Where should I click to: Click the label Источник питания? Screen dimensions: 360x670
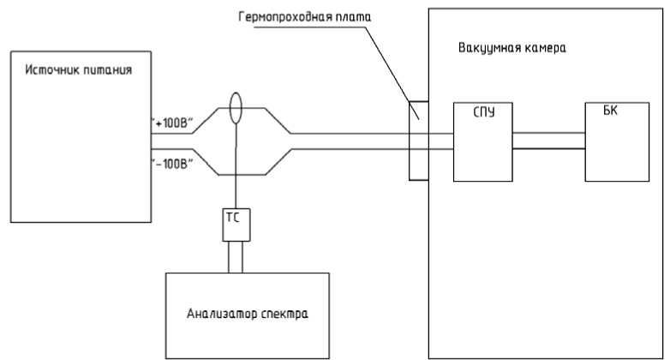pyautogui.click(x=75, y=70)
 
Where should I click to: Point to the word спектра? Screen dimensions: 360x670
pyautogui.click(x=284, y=313)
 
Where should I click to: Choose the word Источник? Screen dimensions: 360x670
pyautogui.click(x=50, y=70)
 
